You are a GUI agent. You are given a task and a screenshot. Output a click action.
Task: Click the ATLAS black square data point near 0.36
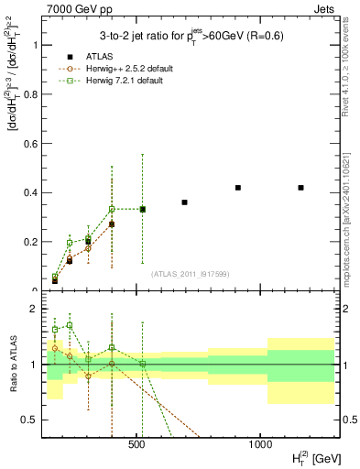(x=184, y=202)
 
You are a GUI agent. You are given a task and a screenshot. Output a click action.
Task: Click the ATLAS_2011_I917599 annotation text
(x=190, y=274)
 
